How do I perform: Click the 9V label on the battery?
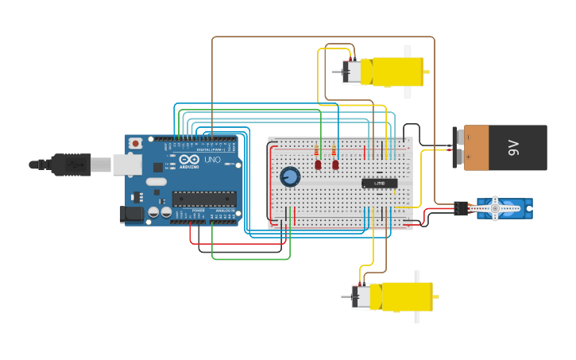pyautogui.click(x=513, y=147)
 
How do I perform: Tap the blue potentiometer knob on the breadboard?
pyautogui.click(x=290, y=176)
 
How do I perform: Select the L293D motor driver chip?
pyautogui.click(x=379, y=183)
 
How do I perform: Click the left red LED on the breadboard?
pyautogui.click(x=318, y=165)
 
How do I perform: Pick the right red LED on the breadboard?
pyautogui.click(x=335, y=165)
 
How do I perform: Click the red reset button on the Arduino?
pyautogui.click(x=136, y=143)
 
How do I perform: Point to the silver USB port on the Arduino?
pyautogui.click(x=126, y=164)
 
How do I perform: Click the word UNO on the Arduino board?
pyautogui.click(x=212, y=160)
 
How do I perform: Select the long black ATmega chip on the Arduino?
pyautogui.click(x=204, y=199)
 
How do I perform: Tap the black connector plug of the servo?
pyautogui.click(x=462, y=209)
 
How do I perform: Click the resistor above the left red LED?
pyautogui.click(x=318, y=150)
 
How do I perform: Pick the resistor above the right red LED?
pyautogui.click(x=334, y=150)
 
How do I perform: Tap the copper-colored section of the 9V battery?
pyautogui.click(x=477, y=147)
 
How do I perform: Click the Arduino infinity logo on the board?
pyautogui.click(x=188, y=160)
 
